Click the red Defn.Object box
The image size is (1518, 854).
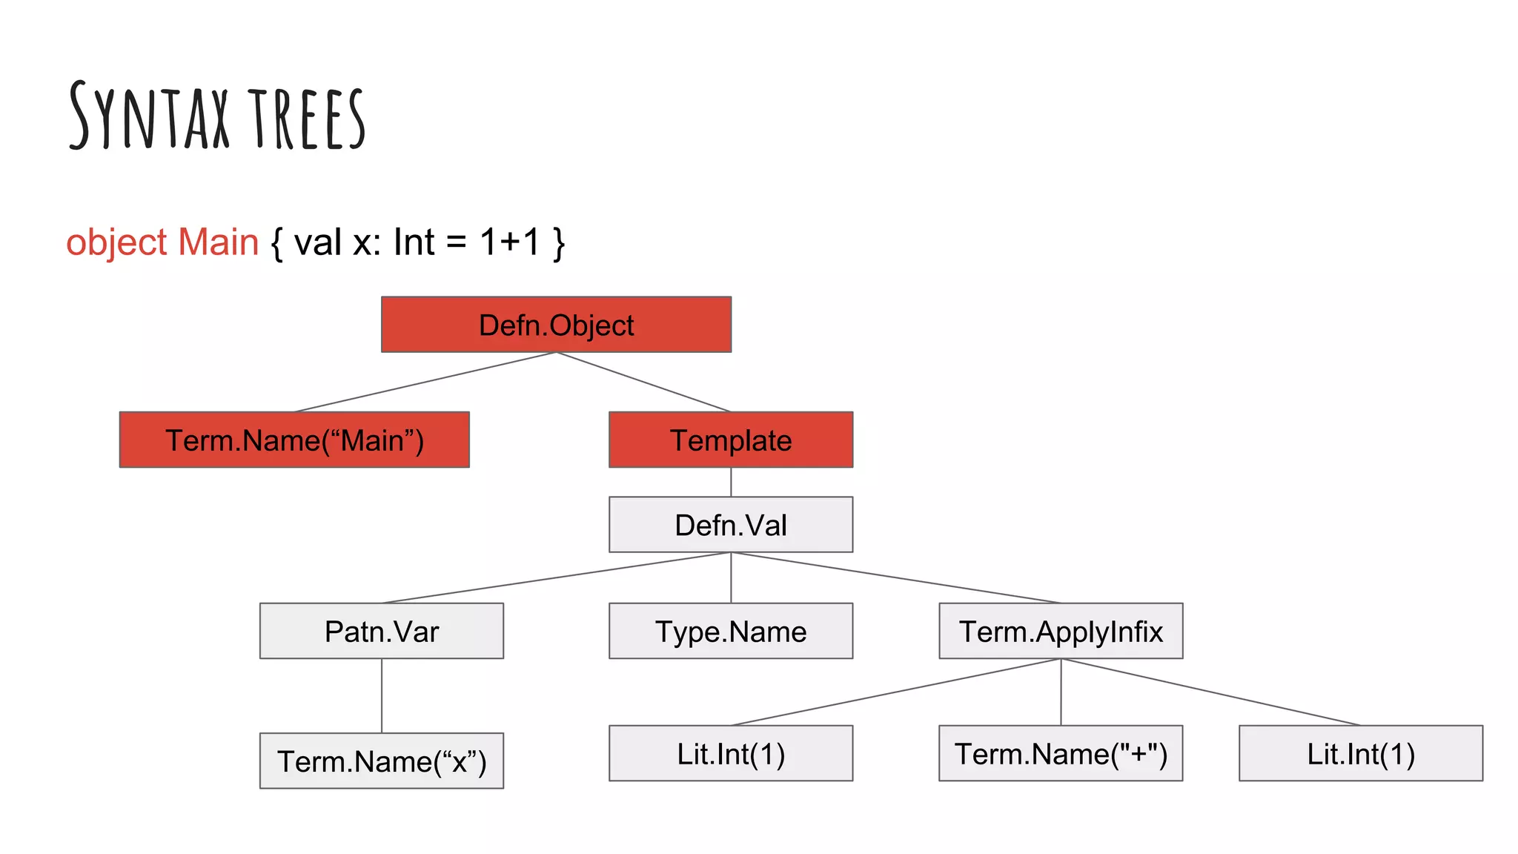point(556,325)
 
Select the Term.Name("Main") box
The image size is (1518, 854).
point(294,440)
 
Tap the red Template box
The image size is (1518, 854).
point(731,440)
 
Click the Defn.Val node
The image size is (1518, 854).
point(731,525)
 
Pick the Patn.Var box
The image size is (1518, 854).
point(382,631)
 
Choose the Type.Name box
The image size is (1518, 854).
point(731,631)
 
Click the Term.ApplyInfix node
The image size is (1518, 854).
point(1061,631)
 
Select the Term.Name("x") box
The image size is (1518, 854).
point(382,761)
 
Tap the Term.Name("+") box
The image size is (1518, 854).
point(1061,753)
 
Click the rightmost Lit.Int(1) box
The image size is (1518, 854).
point(1361,753)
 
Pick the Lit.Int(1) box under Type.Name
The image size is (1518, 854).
point(731,753)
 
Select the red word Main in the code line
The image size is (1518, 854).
point(219,242)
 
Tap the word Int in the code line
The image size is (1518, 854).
point(414,242)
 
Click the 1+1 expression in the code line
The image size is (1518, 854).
point(510,242)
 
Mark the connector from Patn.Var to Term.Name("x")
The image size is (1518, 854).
point(382,695)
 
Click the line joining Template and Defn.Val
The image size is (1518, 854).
point(731,482)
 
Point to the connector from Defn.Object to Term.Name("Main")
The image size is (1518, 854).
point(425,382)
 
